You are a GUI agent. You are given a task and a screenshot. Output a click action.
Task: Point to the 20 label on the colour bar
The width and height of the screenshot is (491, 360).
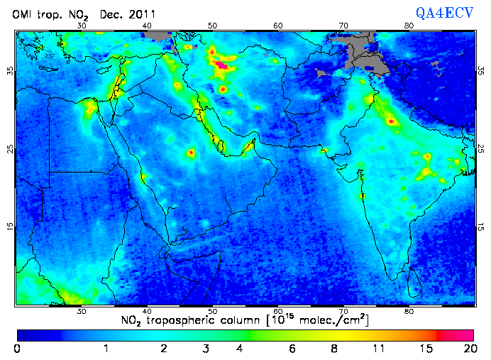(468, 349)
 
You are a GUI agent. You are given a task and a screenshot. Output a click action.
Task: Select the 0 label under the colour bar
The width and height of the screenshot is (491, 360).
(17, 349)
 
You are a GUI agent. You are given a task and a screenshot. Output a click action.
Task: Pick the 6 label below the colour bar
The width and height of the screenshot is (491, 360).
(292, 349)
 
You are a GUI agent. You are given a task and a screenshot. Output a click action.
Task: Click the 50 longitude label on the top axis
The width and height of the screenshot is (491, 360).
(212, 26)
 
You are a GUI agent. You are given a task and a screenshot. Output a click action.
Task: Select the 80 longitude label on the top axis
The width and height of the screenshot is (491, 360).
(409, 26)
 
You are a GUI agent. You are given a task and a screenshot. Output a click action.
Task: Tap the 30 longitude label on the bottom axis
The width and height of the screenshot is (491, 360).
(82, 312)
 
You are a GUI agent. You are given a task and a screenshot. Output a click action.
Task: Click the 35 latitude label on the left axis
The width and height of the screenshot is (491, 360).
(10, 71)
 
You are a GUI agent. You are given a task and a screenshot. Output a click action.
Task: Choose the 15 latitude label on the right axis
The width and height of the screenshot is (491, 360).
(480, 227)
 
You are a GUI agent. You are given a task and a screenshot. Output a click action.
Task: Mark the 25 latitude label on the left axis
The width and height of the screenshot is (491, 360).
(10, 148)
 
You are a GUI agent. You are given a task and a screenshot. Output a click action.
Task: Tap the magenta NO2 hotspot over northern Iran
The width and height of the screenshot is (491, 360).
(222, 65)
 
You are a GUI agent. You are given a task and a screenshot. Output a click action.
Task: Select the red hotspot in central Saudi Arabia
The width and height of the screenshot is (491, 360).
(190, 153)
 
